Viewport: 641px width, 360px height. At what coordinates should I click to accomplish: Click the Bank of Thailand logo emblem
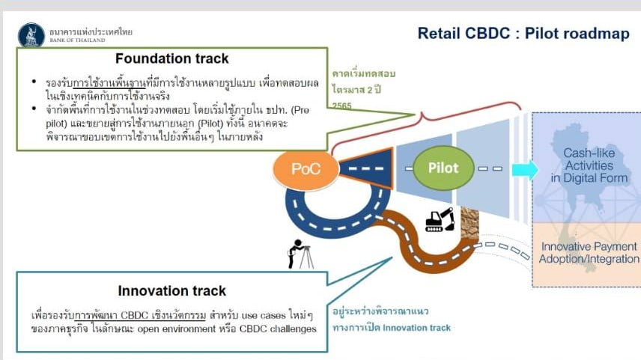31,34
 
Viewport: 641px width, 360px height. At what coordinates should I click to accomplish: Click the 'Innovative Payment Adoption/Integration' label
589,253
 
